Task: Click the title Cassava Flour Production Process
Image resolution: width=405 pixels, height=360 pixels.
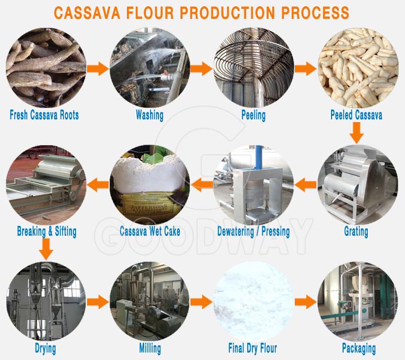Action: [202, 13]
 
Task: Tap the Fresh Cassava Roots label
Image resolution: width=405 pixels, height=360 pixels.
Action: [44, 115]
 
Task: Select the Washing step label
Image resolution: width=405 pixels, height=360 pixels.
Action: [149, 115]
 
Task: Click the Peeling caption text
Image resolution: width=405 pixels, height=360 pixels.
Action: [253, 115]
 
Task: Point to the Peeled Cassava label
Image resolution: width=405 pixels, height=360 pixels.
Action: [356, 115]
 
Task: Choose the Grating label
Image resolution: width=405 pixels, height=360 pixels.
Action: [356, 231]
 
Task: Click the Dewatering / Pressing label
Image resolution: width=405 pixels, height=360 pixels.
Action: [253, 231]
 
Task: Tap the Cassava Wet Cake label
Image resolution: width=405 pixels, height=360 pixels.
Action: [149, 231]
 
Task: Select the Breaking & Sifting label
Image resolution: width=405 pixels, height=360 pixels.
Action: [47, 231]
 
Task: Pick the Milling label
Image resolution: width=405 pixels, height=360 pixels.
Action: [150, 347]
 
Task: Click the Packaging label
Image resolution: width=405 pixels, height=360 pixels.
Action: [359, 347]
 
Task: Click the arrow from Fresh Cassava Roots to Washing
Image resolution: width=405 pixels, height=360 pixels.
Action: [98, 68]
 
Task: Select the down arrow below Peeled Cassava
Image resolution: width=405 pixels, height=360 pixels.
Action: [357, 133]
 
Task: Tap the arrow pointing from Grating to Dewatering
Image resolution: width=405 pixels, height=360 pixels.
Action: [305, 184]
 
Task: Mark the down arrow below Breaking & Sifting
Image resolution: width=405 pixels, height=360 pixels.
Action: [47, 249]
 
